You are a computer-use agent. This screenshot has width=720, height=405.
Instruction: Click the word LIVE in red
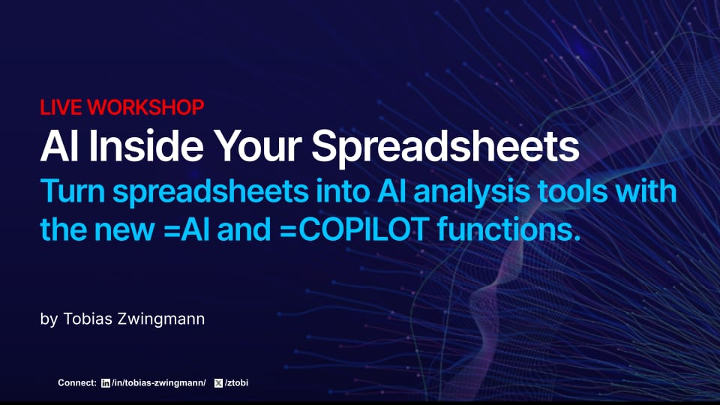(x=61, y=107)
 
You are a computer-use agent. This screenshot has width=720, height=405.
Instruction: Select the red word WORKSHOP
(x=145, y=107)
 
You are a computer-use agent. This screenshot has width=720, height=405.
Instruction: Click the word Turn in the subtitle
(x=71, y=192)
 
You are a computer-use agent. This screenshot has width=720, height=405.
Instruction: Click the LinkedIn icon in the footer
(x=105, y=383)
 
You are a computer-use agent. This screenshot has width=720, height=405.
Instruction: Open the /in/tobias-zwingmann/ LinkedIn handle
(x=158, y=383)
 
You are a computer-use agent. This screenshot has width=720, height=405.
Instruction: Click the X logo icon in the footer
(x=218, y=383)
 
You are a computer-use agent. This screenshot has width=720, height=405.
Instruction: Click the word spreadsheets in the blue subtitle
(x=208, y=192)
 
